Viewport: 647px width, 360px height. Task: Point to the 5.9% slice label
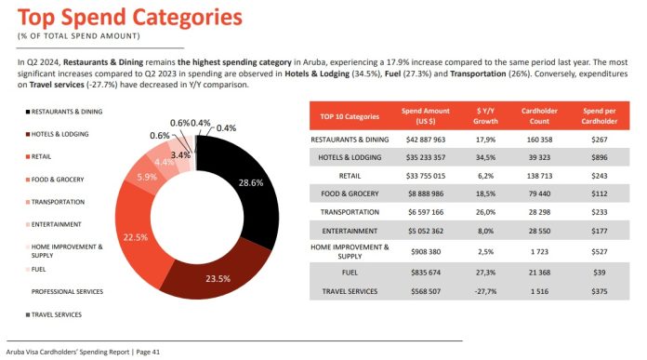[x=147, y=177]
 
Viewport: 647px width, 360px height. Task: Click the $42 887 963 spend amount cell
[x=425, y=140]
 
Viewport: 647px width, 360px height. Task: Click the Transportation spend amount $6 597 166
[x=425, y=211]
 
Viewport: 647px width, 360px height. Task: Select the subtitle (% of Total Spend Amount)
[x=78, y=36]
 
